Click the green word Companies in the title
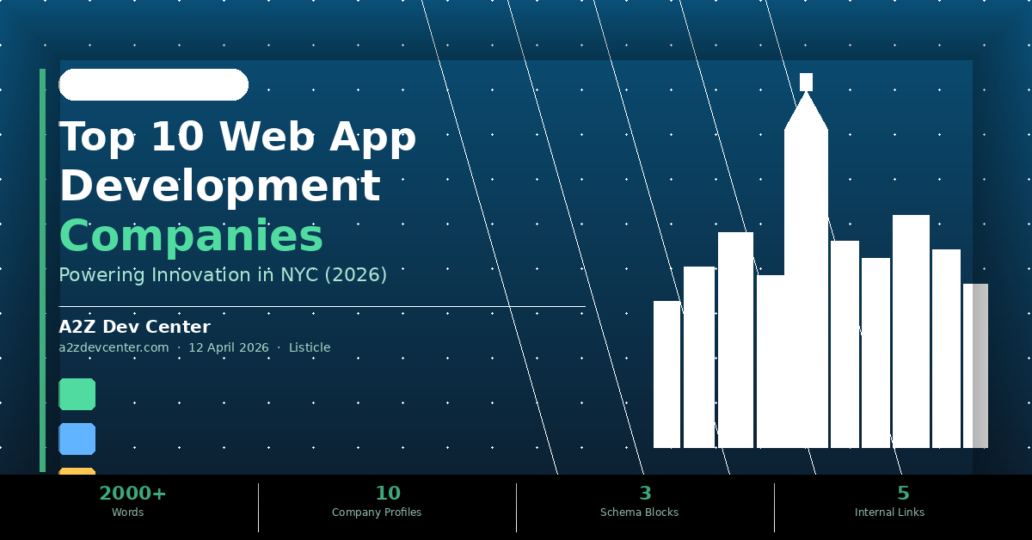[191, 236]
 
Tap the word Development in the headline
[219, 186]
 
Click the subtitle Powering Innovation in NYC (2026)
[223, 275]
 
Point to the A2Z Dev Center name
[134, 327]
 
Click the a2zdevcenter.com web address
[114, 347]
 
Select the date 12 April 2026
[229, 347]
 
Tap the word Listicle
[310, 347]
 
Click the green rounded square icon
[77, 394]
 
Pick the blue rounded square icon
[77, 439]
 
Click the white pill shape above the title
[153, 84]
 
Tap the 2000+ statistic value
[132, 493]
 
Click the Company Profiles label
[377, 512]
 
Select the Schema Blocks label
[639, 512]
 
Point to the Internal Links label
[889, 512]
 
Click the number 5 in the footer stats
[903, 493]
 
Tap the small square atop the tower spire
[806, 82]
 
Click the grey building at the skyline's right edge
[980, 365]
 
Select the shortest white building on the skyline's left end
[666, 374]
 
